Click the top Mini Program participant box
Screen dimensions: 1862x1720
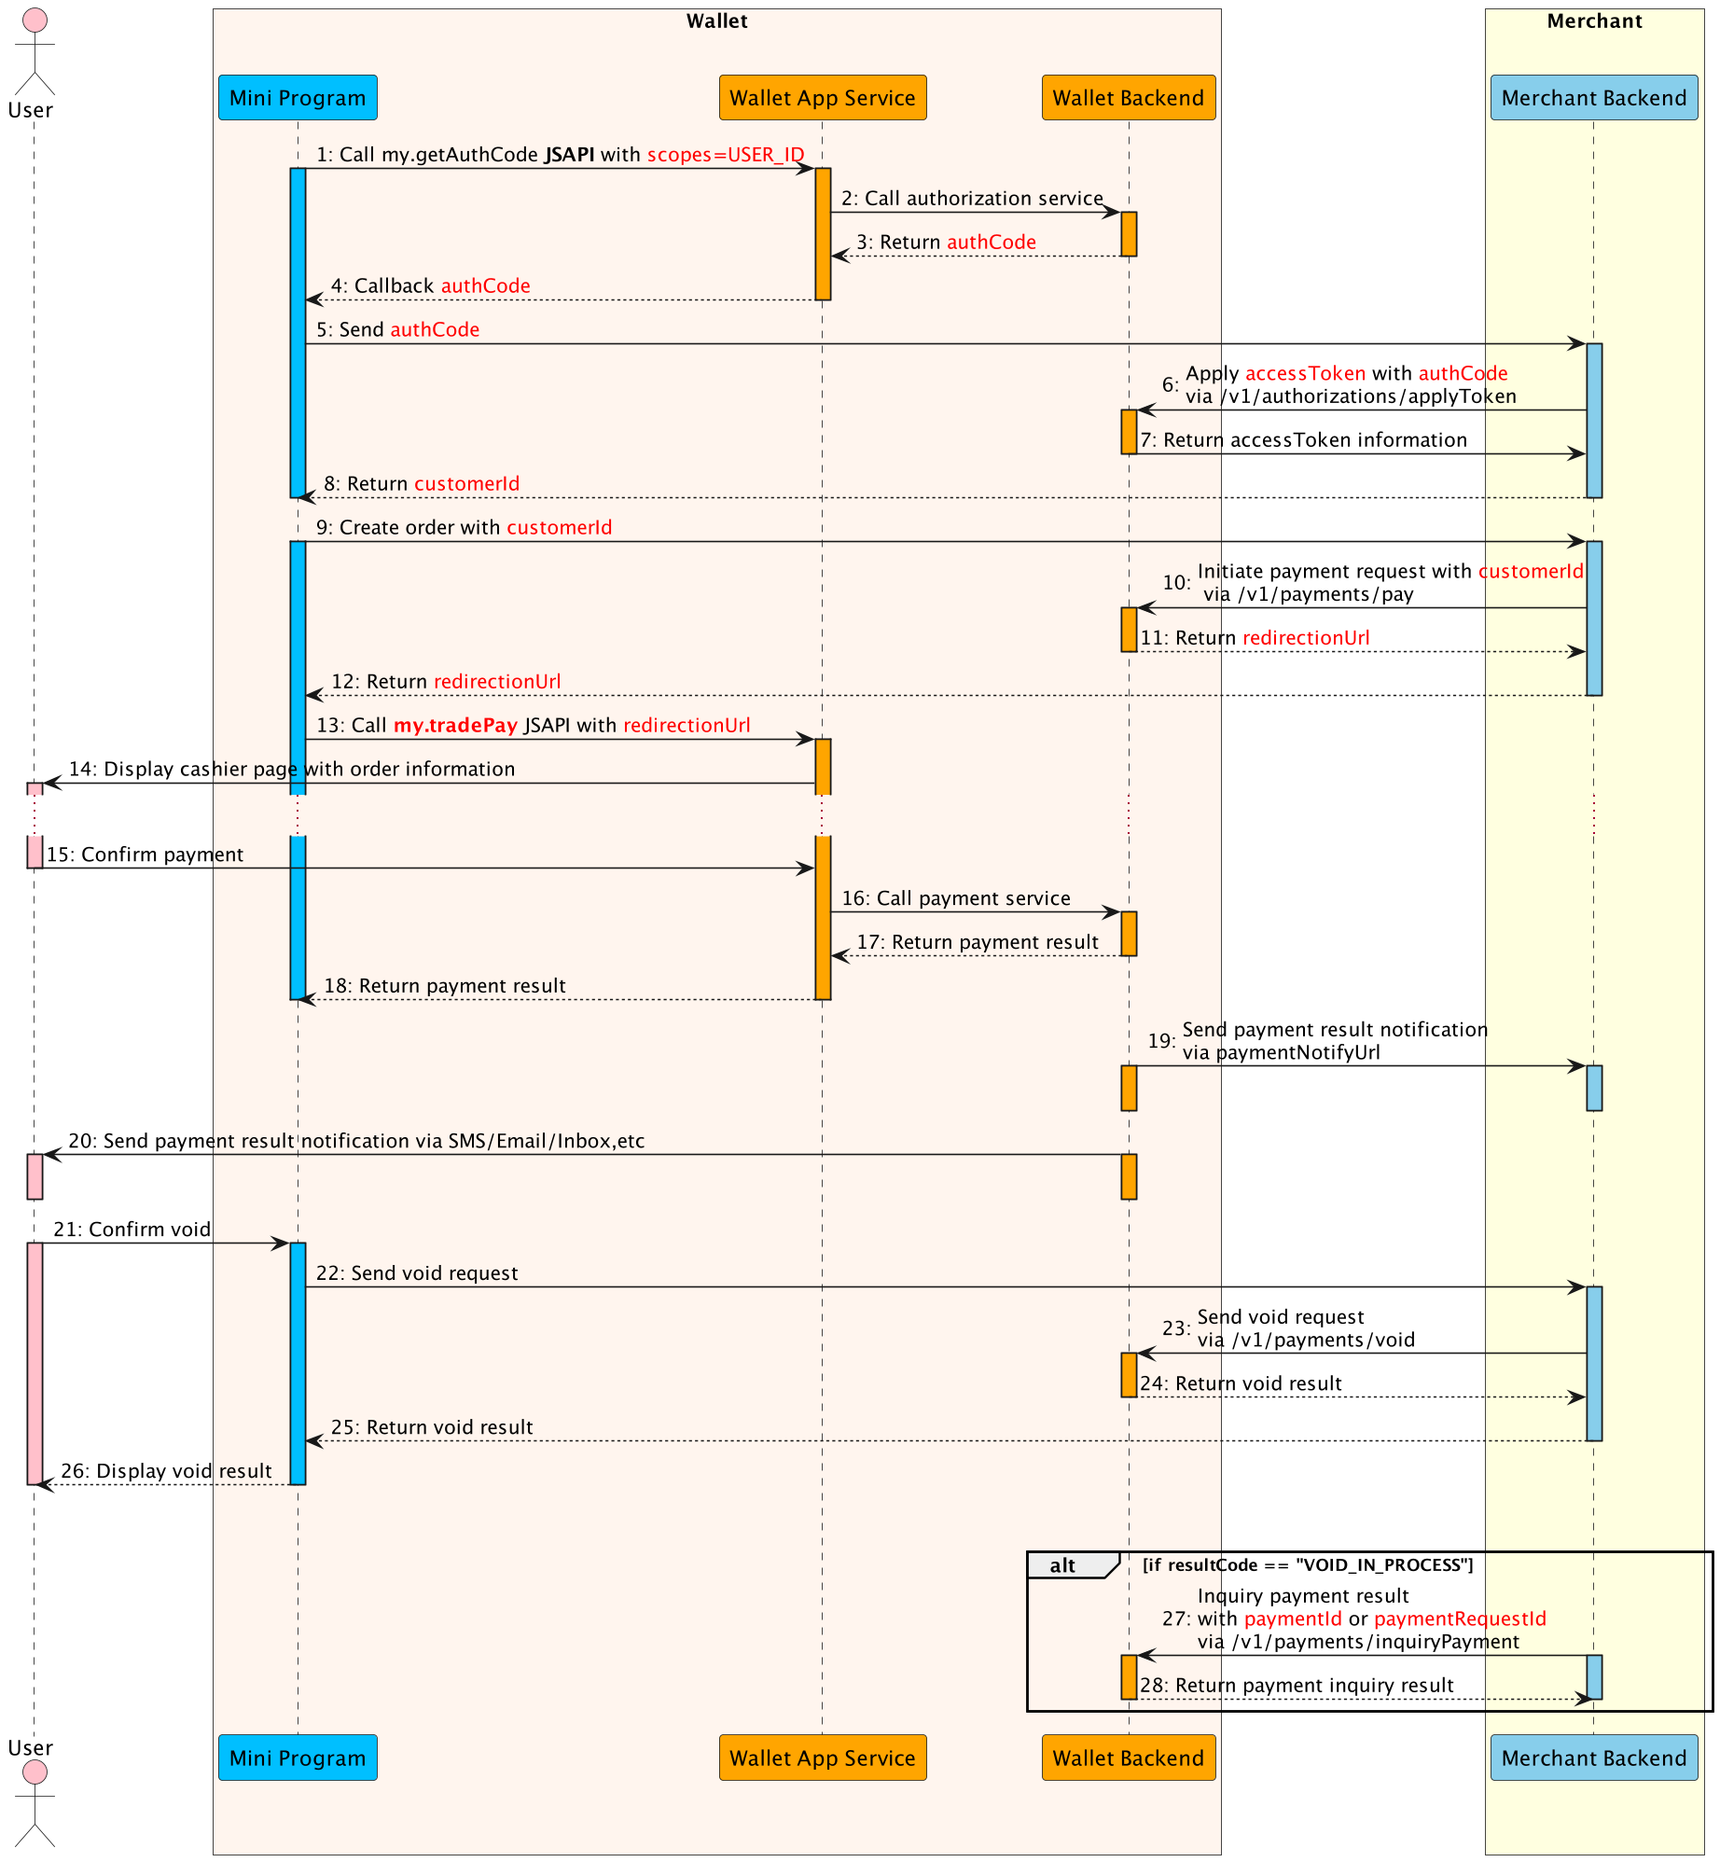pos(298,98)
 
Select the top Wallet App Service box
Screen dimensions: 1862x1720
pos(822,98)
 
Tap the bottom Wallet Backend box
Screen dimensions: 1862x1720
pos(1128,1758)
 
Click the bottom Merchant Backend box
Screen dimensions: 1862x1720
pos(1593,1758)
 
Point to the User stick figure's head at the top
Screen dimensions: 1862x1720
pos(35,21)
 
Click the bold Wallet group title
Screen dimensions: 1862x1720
pos(716,21)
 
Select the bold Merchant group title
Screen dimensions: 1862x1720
pos(1594,21)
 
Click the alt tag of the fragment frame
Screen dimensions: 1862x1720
pos(1062,1565)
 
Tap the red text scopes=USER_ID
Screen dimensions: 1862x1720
pos(725,155)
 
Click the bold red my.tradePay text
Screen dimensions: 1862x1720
pos(455,726)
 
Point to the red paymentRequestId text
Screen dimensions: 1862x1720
pos(1460,1619)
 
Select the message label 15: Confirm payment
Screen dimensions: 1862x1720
pos(145,855)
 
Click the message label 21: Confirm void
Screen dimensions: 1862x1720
pos(132,1230)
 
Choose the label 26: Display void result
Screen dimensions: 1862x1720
pos(166,1471)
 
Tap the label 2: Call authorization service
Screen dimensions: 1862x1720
pos(972,199)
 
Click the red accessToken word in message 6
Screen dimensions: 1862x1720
pos(1305,374)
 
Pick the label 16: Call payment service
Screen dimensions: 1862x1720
pos(956,898)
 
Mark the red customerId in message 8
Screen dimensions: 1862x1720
pos(466,484)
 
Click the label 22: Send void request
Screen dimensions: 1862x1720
pos(416,1273)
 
